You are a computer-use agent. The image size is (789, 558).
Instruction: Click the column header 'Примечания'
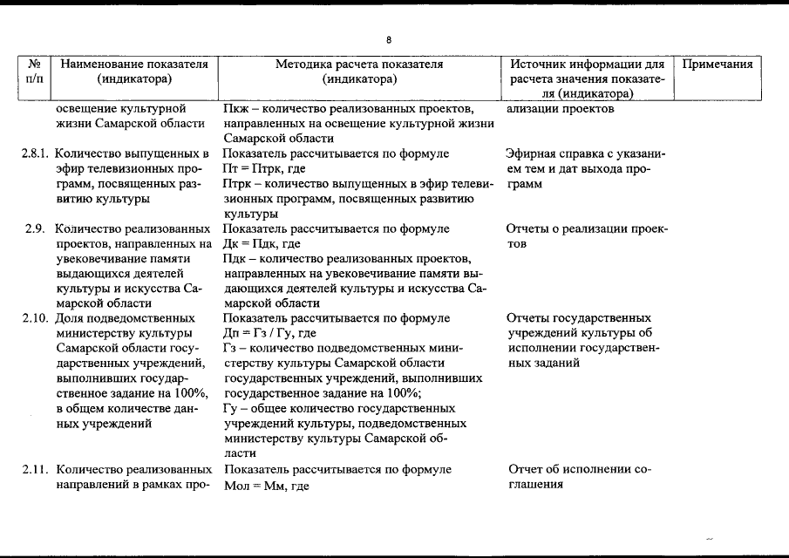[717, 65]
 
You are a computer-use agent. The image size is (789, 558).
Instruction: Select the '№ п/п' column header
[36, 71]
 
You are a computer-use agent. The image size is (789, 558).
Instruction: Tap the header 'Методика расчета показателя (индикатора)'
[359, 71]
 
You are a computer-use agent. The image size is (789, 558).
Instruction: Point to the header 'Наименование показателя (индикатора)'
[134, 71]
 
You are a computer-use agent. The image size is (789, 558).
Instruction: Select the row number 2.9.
[36, 229]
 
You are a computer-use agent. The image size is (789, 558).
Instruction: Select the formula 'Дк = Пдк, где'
[262, 244]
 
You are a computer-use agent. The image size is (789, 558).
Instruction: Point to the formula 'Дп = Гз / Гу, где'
[269, 333]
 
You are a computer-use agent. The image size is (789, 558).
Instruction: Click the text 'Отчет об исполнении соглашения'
[579, 478]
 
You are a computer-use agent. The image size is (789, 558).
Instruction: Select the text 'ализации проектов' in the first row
[560, 109]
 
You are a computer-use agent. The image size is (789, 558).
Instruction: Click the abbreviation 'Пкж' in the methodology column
[236, 109]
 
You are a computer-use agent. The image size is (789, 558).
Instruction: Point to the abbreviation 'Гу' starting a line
[231, 408]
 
